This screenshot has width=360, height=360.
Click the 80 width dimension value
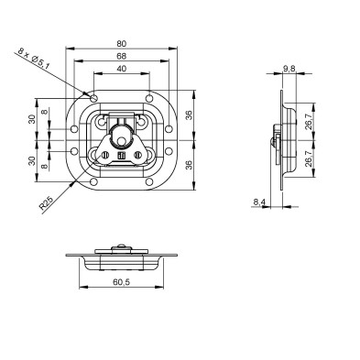(121, 44)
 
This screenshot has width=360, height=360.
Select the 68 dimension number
(121, 56)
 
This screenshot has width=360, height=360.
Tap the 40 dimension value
(121, 69)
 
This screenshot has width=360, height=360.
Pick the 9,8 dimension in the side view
(289, 69)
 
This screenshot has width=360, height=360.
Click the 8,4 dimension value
(259, 202)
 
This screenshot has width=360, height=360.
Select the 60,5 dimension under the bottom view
(121, 282)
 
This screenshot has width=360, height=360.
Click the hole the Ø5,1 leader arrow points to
(94, 98)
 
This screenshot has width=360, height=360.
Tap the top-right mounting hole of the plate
(149, 98)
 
